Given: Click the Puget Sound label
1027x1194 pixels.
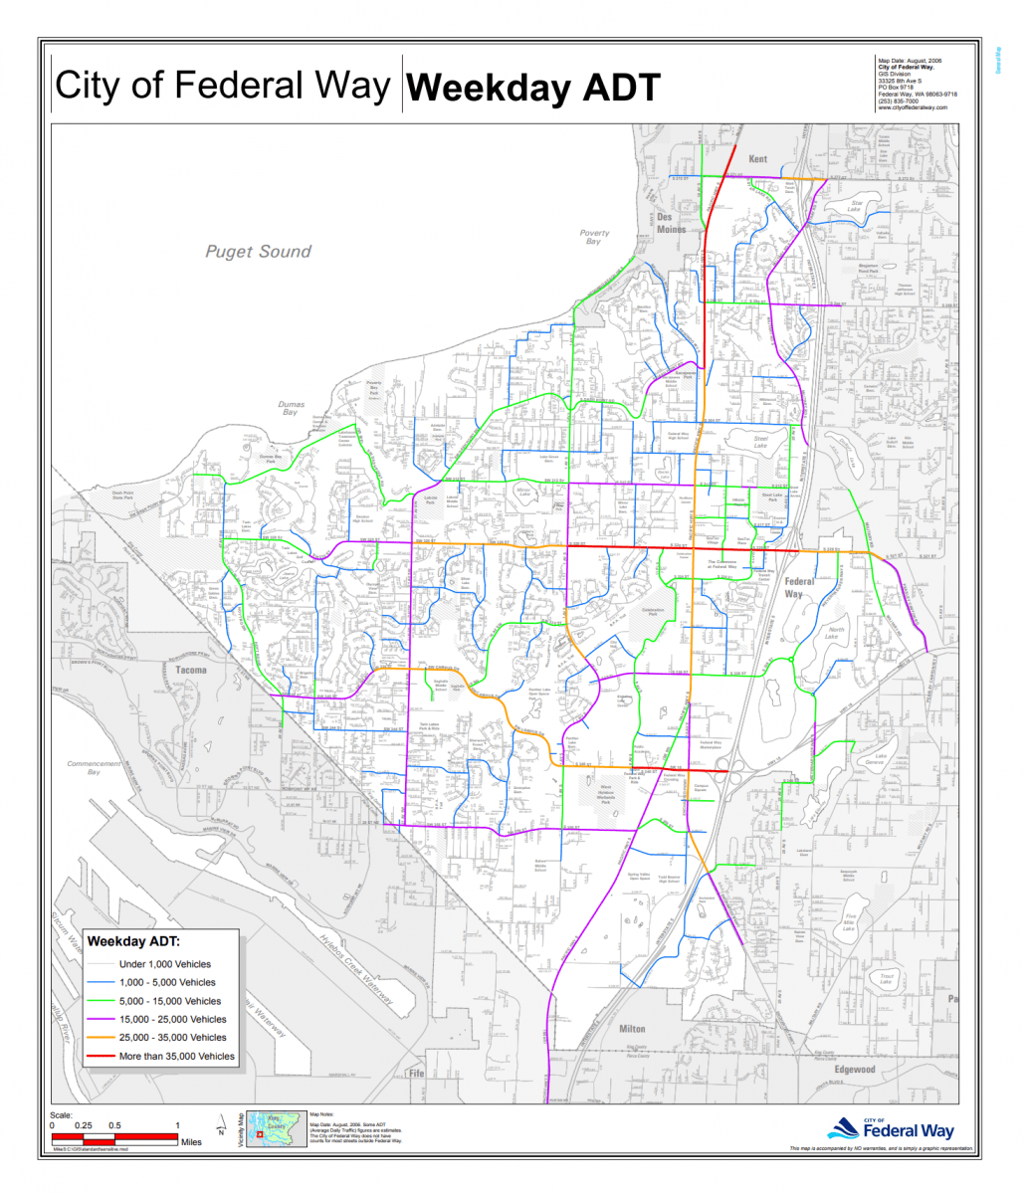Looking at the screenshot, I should [x=258, y=252].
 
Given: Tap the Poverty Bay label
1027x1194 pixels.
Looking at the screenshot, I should [x=594, y=237].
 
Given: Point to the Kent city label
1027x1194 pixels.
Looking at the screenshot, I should [x=758, y=159].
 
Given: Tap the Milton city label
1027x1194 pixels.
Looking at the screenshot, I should [x=632, y=1028].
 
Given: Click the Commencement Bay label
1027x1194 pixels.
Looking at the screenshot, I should [x=93, y=767].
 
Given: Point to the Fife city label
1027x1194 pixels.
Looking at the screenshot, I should [x=416, y=1075].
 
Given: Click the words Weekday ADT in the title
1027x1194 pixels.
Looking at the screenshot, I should [x=533, y=88].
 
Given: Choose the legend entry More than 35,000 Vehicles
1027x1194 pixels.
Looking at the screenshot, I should [x=176, y=1056].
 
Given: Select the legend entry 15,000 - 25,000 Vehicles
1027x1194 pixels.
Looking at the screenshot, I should [x=172, y=1019].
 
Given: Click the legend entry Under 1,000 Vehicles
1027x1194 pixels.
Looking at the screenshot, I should [x=164, y=964].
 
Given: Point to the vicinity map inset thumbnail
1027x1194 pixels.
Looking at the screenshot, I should [x=275, y=1129].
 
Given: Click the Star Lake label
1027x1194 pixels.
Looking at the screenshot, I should [x=854, y=206].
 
